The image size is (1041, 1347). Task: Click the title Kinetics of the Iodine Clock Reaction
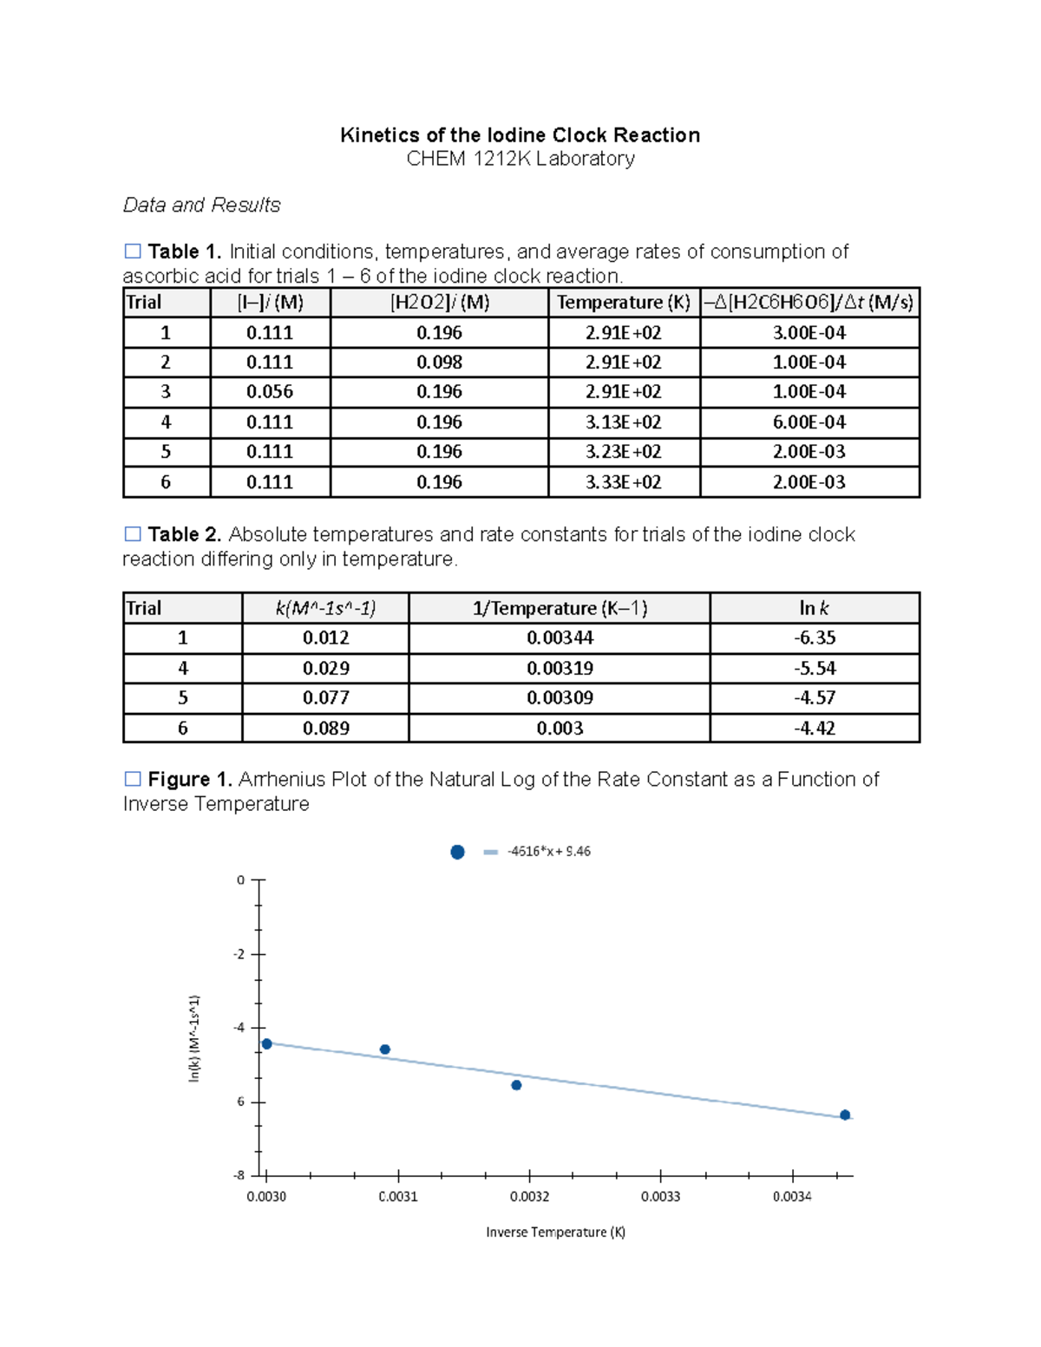click(x=520, y=135)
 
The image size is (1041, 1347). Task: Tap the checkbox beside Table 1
click(x=133, y=252)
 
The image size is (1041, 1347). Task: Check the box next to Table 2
click(x=133, y=534)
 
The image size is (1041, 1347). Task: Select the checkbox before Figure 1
click(x=133, y=779)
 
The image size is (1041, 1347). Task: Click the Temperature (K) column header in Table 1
click(x=623, y=303)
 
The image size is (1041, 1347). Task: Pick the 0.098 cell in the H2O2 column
click(x=439, y=363)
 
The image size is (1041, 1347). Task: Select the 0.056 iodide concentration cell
click(x=270, y=392)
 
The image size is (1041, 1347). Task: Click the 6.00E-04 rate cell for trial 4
click(x=809, y=422)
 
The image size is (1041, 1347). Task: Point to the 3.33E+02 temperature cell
click(x=623, y=482)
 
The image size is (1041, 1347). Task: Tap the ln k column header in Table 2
click(x=814, y=608)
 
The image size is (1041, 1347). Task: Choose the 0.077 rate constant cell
click(x=325, y=698)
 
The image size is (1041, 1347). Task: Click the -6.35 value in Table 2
click(x=814, y=638)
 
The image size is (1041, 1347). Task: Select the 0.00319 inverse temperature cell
click(x=560, y=669)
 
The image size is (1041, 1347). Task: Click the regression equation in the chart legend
click(x=548, y=852)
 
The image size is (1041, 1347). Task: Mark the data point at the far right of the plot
click(x=845, y=1115)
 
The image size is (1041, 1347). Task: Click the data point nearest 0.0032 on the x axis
click(x=516, y=1085)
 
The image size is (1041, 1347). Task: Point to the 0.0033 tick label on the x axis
click(x=660, y=1197)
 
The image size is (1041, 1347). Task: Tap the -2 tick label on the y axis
click(x=239, y=954)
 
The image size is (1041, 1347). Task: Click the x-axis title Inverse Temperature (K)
click(x=555, y=1233)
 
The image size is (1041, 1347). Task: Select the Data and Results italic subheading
click(x=201, y=206)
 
